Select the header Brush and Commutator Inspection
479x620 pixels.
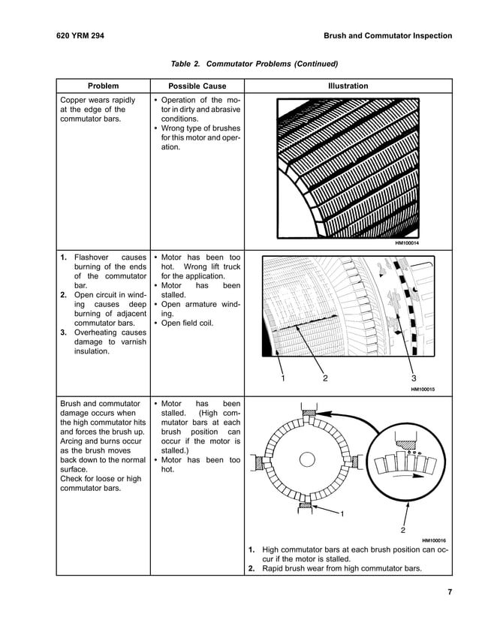[x=387, y=35]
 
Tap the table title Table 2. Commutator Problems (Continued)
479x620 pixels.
[x=254, y=64]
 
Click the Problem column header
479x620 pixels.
[x=103, y=86]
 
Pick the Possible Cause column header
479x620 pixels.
[x=197, y=86]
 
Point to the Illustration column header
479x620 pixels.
[x=348, y=86]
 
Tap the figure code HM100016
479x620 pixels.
[x=434, y=540]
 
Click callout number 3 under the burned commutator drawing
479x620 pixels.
[x=414, y=378]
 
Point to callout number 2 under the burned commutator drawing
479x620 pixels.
[x=325, y=378]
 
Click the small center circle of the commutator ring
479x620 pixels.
[x=306, y=459]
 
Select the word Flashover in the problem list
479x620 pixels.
[x=94, y=257]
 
